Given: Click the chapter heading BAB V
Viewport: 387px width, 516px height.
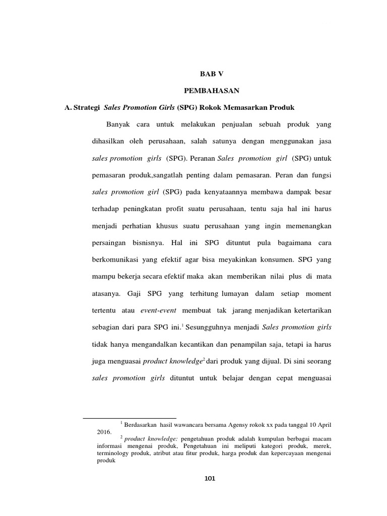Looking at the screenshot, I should [211, 74].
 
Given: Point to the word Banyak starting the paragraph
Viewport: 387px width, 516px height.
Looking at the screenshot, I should [119, 124].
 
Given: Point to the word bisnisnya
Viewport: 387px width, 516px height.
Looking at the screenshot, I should [159, 242].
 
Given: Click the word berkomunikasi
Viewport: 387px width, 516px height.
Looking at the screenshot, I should [117, 260].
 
